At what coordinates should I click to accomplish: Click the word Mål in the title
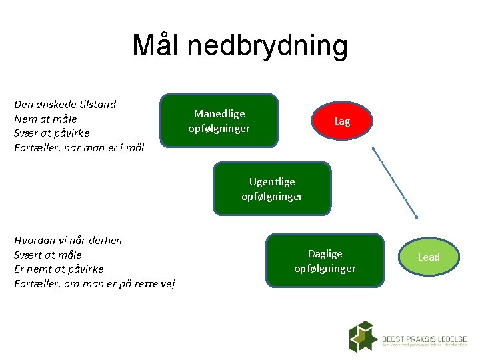coord(156,45)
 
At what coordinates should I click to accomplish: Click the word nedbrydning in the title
coord(267,45)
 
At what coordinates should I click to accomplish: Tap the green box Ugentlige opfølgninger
coord(272,189)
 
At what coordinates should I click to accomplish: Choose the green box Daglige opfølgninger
coord(325,261)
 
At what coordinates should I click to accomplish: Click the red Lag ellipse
coord(342,121)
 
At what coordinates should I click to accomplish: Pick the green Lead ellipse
coord(429,257)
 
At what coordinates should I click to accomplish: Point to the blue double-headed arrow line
coord(395,183)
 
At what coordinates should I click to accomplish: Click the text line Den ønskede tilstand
coord(65,104)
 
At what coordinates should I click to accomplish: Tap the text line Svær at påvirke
coord(52,133)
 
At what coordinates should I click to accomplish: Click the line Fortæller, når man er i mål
coord(79,147)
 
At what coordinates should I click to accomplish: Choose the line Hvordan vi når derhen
coord(68,240)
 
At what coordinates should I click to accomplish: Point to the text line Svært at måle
coord(48,255)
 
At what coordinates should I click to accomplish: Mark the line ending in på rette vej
coord(95,283)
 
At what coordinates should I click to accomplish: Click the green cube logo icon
coord(363,337)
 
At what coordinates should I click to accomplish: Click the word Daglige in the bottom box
coord(325,253)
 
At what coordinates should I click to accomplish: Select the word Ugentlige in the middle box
coord(272,181)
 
